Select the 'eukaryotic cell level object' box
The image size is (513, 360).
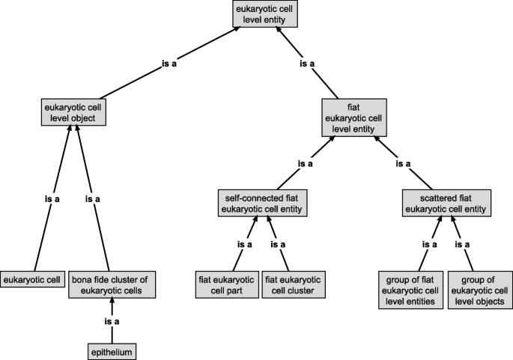(73, 113)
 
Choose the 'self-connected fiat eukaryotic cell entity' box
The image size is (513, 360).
(263, 202)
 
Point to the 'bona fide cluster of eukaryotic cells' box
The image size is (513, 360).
(112, 284)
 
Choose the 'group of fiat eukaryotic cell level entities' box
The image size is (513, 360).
(409, 290)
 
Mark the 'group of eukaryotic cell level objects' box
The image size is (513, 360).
(477, 290)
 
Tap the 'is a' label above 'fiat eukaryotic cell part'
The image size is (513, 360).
(244, 244)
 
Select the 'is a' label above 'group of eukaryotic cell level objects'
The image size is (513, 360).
(462, 244)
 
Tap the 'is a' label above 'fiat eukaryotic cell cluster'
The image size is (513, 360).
(278, 244)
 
